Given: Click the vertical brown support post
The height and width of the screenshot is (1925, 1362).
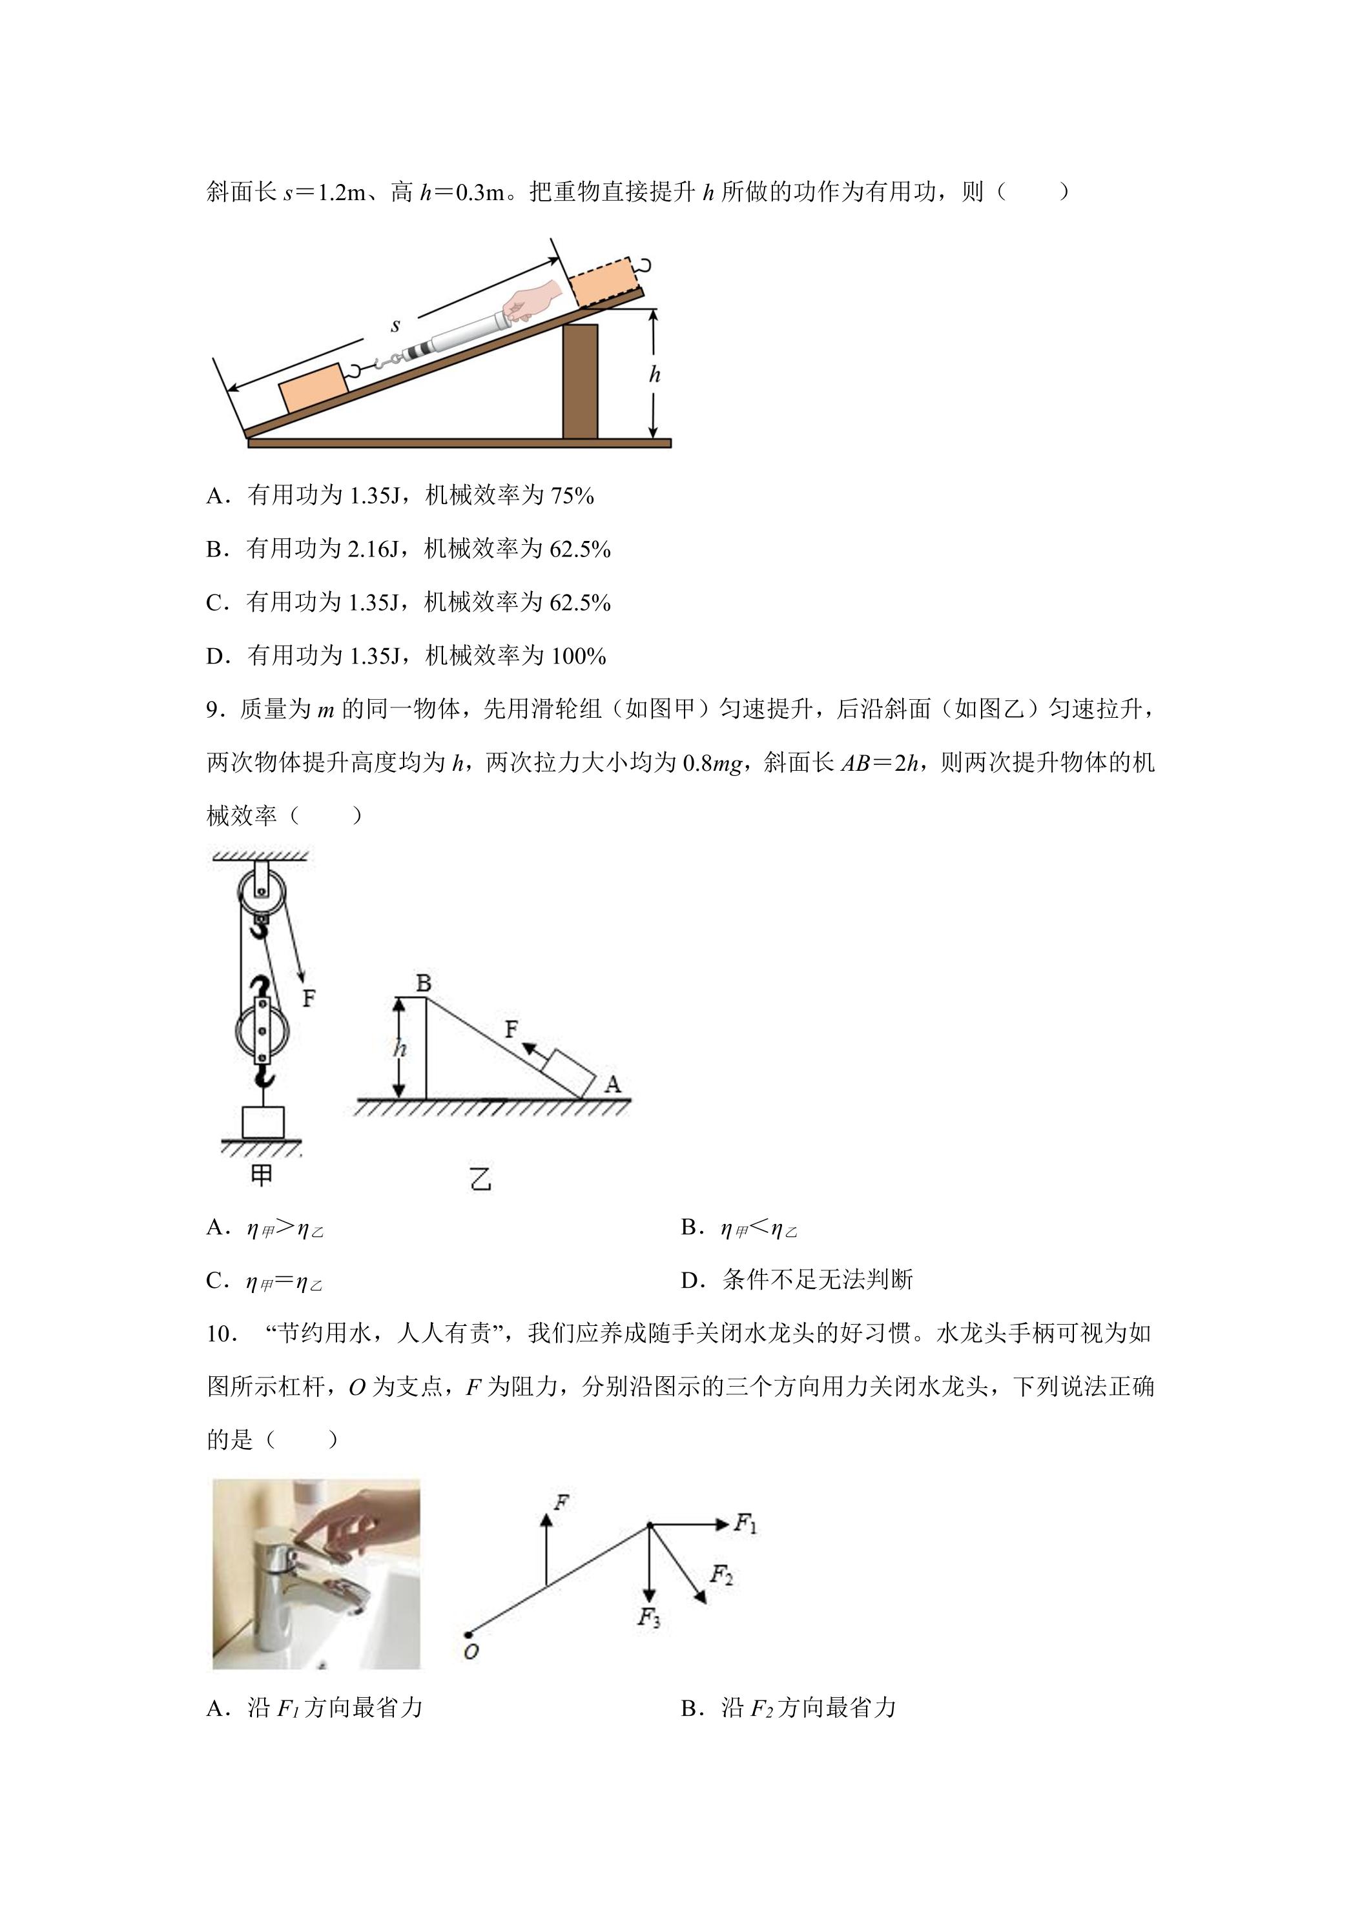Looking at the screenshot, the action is click(x=581, y=382).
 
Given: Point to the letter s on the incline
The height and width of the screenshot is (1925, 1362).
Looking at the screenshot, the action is click(x=396, y=325).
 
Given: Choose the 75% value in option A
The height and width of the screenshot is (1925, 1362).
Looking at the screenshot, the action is click(x=572, y=496).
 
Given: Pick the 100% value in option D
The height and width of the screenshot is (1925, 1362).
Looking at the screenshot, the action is click(x=578, y=656).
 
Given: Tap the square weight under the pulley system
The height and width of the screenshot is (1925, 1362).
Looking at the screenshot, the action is click(x=263, y=1122).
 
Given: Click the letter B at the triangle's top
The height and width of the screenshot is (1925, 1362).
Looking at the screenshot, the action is click(x=424, y=983).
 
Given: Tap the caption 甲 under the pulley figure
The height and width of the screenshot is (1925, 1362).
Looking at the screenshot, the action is click(x=262, y=1175).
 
